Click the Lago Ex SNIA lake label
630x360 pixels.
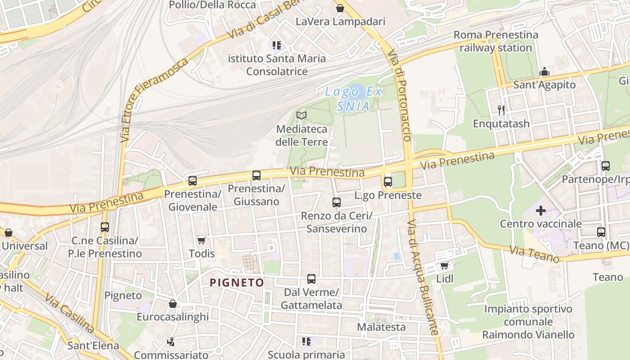pyautogui.click(x=354, y=99)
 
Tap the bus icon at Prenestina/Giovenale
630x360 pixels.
pyautogui.click(x=193, y=181)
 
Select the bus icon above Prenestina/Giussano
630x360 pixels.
pyautogui.click(x=256, y=175)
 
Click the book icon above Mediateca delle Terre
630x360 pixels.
pyautogui.click(x=301, y=116)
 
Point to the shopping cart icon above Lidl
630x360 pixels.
pyautogui.click(x=445, y=266)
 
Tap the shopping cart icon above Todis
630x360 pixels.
pyautogui.click(x=201, y=241)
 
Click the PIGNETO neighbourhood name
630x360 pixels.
pyautogui.click(x=237, y=283)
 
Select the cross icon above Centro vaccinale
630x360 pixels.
pyautogui.click(x=541, y=210)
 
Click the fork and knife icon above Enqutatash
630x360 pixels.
pyautogui.click(x=501, y=110)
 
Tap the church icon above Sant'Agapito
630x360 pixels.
pyautogui.click(x=544, y=72)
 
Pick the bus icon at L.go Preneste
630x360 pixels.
pyautogui.click(x=388, y=182)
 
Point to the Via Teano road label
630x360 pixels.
pyautogui.click(x=534, y=254)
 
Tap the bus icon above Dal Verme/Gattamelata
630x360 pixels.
pyautogui.click(x=311, y=279)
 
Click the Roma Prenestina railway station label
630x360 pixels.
pyautogui.click(x=495, y=41)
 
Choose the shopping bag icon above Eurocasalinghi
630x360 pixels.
pyautogui.click(x=172, y=304)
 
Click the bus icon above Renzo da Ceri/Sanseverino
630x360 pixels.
pyautogui.click(x=337, y=202)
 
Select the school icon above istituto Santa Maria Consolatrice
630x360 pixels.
pyautogui.click(x=277, y=45)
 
